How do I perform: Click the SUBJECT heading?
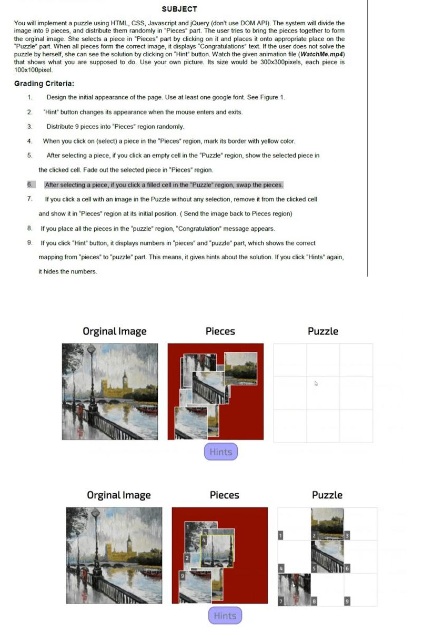point(179,9)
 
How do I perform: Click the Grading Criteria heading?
point(44,84)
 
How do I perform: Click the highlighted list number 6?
point(30,185)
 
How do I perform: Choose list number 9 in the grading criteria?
point(30,243)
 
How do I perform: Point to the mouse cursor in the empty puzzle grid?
point(316,383)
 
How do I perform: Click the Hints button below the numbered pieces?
point(225,616)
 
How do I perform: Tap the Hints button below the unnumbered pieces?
point(220,452)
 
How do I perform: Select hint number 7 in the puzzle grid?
point(281,601)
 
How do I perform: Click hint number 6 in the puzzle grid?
point(347,568)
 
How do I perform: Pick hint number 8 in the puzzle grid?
point(314,601)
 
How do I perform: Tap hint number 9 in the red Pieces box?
point(182,577)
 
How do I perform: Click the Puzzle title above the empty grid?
point(323,331)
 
